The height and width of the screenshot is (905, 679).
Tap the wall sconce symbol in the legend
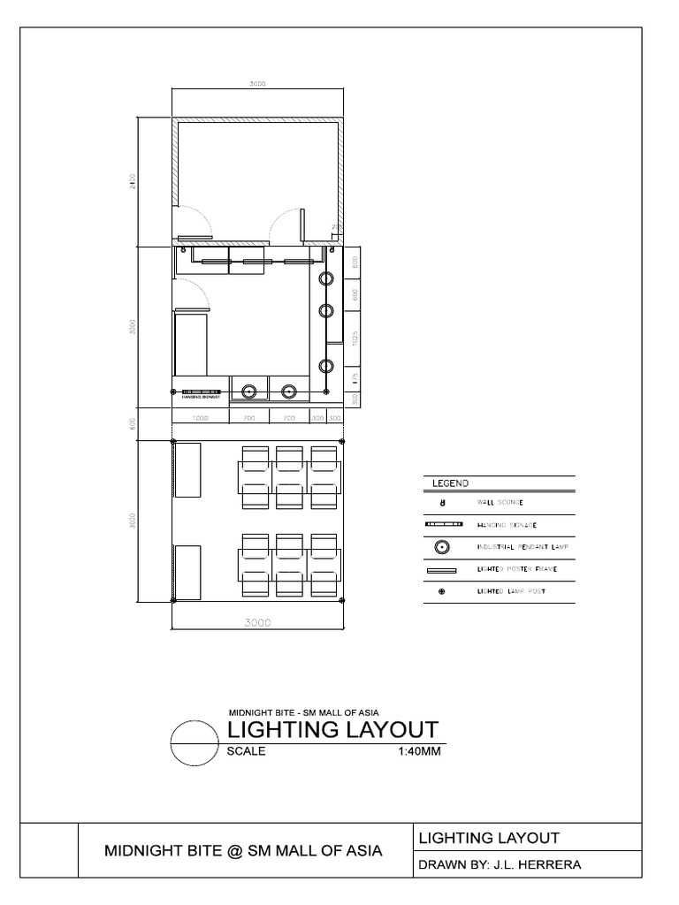point(441,503)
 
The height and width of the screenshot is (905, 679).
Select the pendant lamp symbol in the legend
point(441,548)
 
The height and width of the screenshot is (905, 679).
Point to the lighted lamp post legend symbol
point(441,591)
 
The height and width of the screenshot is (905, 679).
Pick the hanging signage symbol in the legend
point(441,525)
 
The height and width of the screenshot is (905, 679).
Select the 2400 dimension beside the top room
point(133,183)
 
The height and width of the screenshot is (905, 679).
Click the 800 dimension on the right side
point(355,262)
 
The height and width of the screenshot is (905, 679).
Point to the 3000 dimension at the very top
point(257,84)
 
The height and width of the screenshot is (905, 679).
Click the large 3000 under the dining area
point(257,622)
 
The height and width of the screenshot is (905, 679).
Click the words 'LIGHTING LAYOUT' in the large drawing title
point(332,731)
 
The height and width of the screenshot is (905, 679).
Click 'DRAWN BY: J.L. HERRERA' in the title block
point(499,864)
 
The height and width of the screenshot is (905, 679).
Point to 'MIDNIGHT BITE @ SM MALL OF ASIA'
point(243,851)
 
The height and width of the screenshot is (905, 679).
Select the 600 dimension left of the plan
point(133,424)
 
